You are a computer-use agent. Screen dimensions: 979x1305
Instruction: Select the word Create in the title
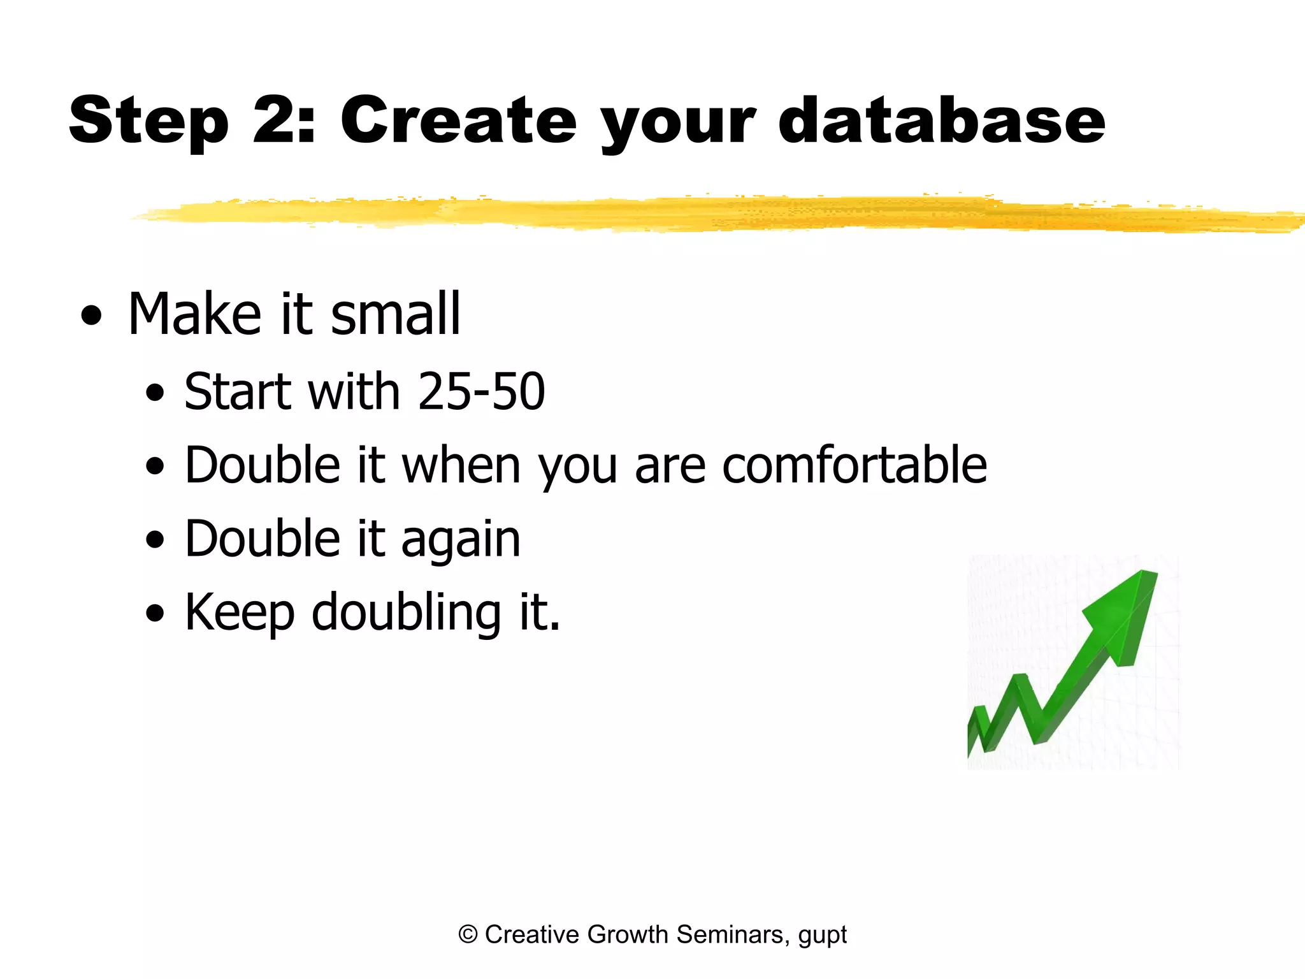(458, 121)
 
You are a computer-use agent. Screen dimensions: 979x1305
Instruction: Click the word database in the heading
(941, 121)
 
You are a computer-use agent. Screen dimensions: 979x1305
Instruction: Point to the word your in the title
(678, 125)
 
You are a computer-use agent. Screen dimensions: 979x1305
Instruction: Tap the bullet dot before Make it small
(92, 315)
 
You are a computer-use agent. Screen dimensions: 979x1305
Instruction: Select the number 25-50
(481, 391)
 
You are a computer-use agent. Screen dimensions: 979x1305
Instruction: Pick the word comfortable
(854, 465)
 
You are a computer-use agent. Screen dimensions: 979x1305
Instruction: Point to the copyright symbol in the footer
(468, 934)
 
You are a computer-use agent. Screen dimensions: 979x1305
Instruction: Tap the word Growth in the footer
(627, 934)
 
